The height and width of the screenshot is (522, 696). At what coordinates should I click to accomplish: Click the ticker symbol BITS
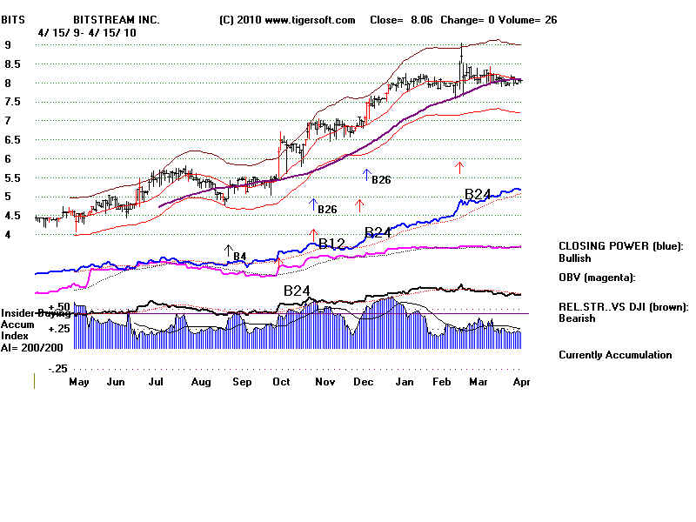(13, 19)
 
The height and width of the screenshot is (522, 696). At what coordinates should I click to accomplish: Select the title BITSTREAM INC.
(115, 19)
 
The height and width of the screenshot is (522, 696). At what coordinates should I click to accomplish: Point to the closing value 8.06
(421, 19)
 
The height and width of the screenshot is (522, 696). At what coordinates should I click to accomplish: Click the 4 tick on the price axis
(7, 234)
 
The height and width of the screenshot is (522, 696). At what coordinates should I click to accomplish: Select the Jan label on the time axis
(404, 382)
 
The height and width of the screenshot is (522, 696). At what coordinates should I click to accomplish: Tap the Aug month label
(201, 382)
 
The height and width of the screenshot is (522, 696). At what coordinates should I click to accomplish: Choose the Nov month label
(325, 382)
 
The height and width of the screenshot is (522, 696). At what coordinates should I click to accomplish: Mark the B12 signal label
(332, 244)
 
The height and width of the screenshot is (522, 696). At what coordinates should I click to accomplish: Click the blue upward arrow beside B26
(313, 205)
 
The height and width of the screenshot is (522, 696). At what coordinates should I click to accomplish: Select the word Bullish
(574, 258)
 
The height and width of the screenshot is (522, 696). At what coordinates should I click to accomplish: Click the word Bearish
(576, 318)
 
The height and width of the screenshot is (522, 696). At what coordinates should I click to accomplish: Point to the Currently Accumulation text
(615, 355)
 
